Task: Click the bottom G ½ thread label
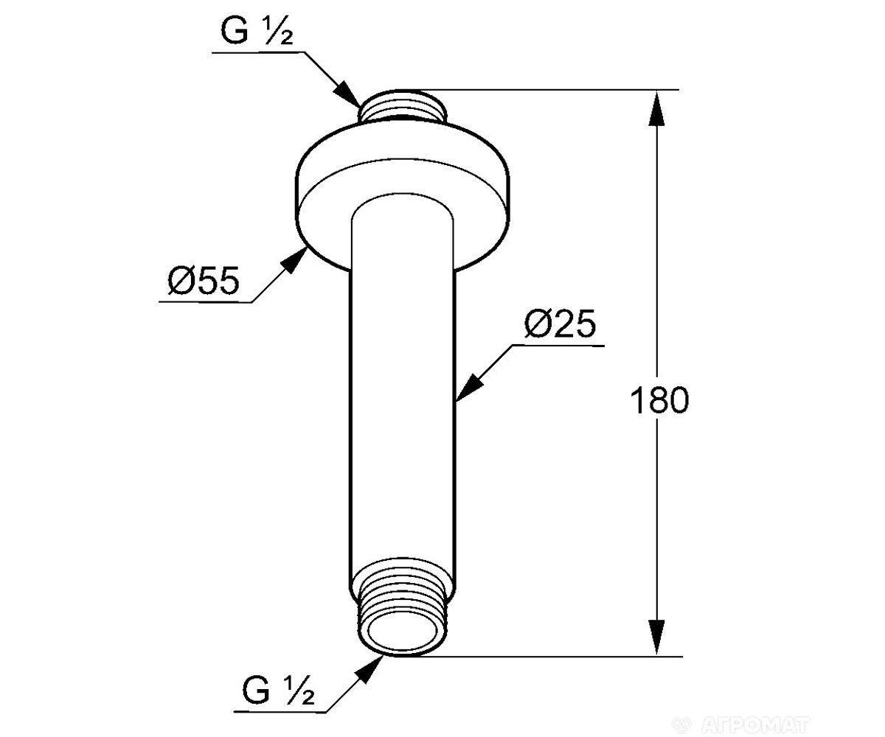click(x=278, y=692)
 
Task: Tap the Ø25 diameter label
click(x=559, y=324)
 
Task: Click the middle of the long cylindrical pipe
click(x=403, y=405)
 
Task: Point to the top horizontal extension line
click(x=553, y=90)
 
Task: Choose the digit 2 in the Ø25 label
click(x=560, y=324)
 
